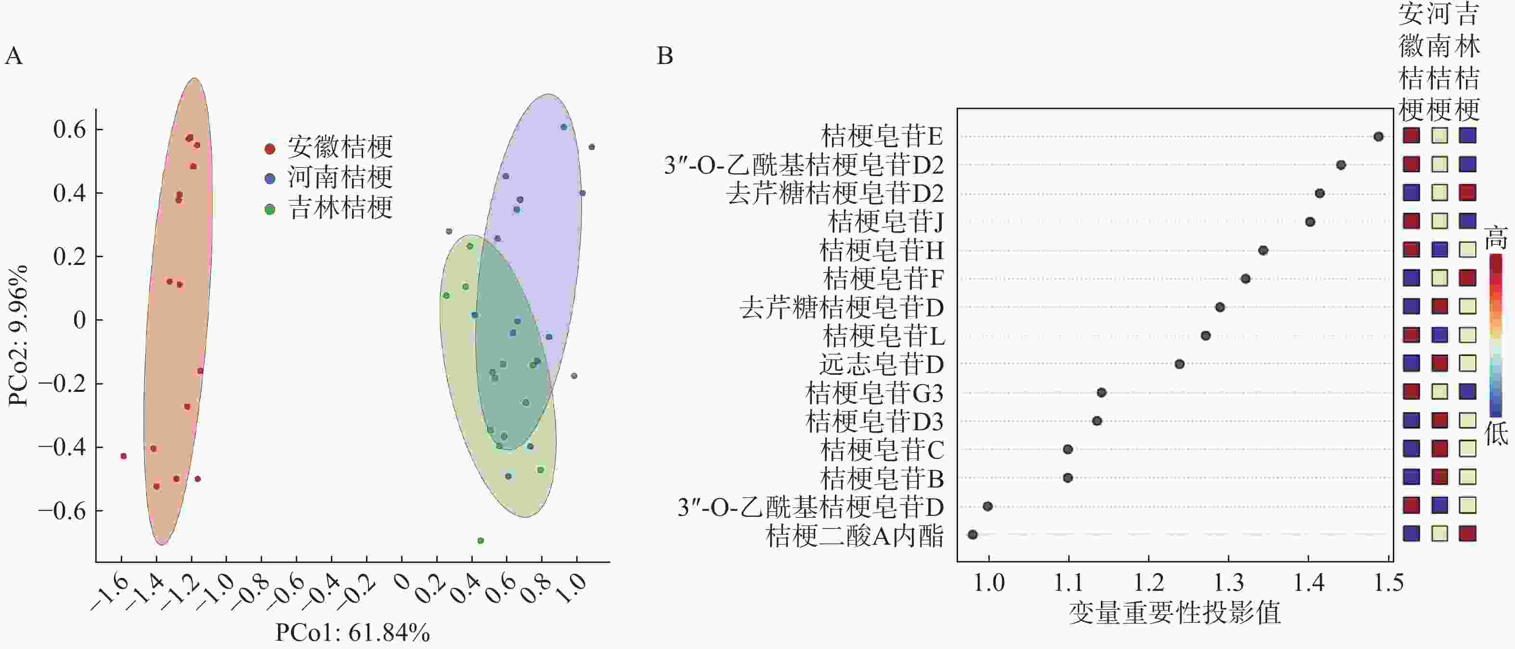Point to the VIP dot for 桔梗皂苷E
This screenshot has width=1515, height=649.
1378,137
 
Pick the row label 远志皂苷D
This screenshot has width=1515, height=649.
882,365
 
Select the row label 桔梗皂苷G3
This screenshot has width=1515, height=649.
874,393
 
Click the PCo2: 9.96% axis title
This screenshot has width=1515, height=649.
18,336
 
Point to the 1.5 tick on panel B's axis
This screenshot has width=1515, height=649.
1389,583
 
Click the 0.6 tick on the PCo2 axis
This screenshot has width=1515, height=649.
69,129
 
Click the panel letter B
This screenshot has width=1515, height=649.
665,56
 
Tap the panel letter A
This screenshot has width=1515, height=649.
13,56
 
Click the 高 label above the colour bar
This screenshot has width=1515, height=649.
1496,238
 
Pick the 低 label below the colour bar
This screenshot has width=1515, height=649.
1496,434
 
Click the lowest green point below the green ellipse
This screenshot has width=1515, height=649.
480,541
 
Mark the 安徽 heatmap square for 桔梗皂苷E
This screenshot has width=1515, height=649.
1412,136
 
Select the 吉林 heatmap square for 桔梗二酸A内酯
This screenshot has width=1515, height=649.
1468,534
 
